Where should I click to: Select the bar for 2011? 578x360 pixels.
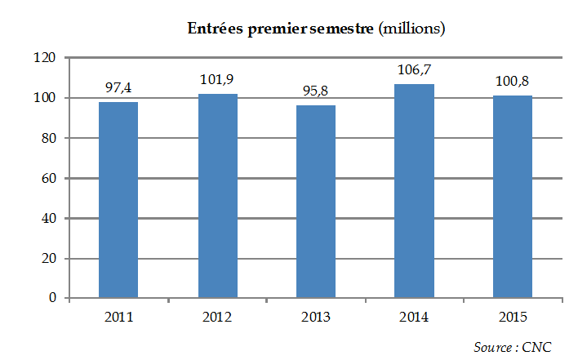coord(118,200)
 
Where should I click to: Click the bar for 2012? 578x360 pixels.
coord(217,196)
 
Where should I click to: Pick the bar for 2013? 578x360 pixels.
coord(316,202)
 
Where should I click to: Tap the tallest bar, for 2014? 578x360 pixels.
coord(415,191)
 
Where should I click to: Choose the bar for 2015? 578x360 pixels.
coord(513,197)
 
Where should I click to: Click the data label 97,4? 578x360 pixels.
coord(118,87)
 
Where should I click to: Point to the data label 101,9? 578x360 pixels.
coord(217,79)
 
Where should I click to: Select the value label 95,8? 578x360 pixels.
coord(316,90)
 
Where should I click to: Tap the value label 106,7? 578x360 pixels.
coord(415,69)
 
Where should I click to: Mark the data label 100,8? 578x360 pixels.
coord(513,81)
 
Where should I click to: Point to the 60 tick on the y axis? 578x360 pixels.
coord(47,179)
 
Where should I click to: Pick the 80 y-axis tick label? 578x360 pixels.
coord(47,139)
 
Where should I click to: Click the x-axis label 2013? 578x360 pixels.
coord(316,318)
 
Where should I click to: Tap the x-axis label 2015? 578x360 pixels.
coord(513,318)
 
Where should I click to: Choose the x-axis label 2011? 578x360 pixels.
coord(118,318)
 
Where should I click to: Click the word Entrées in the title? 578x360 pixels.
coord(215,29)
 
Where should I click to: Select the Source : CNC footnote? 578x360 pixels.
coord(513,347)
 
